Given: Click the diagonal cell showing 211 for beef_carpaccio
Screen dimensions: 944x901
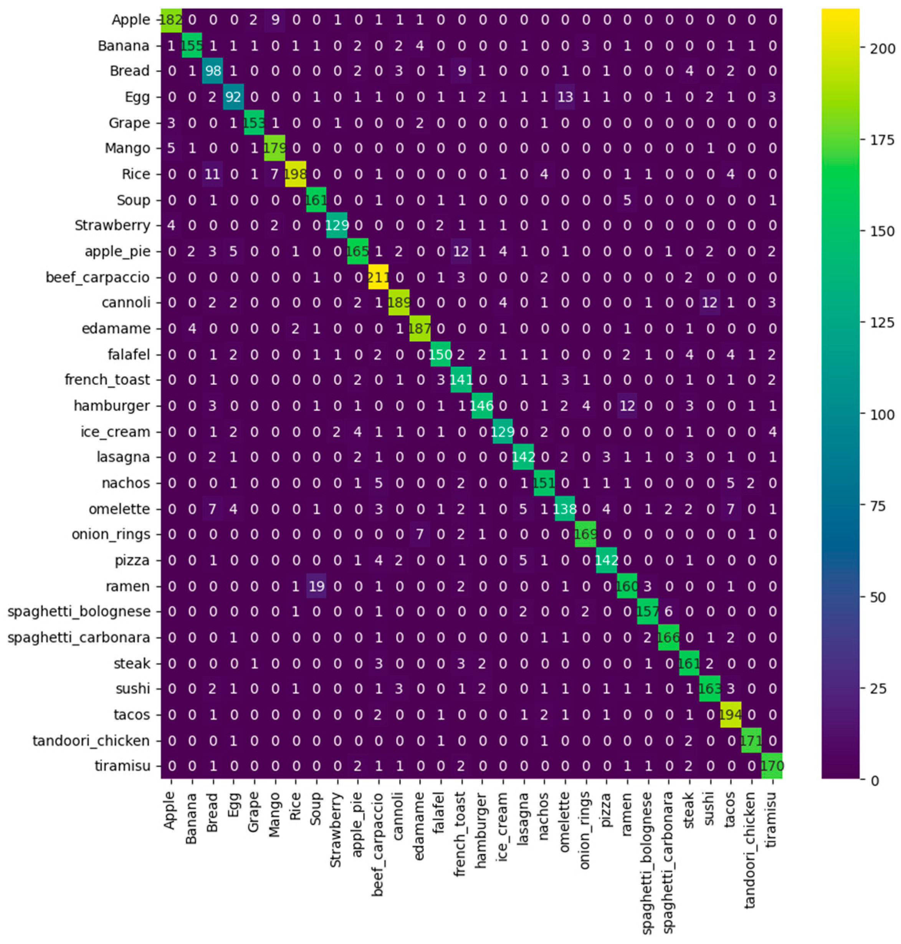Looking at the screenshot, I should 379,277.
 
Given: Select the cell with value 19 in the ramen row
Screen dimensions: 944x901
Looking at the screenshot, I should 316,586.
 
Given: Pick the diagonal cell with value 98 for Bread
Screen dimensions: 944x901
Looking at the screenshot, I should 213,71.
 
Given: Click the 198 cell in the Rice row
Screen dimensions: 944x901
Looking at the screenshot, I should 295,174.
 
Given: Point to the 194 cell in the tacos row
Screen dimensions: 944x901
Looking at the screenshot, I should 730,715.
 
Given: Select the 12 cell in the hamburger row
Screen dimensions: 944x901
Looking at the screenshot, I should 627,406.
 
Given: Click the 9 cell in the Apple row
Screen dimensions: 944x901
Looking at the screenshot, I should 275,20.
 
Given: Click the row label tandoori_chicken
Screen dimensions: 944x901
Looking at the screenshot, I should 91,741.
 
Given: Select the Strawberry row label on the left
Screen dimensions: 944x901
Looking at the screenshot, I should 112,225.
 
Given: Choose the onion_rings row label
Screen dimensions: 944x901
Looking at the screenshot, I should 111,534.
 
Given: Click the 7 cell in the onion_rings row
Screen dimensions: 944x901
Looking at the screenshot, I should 420,534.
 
